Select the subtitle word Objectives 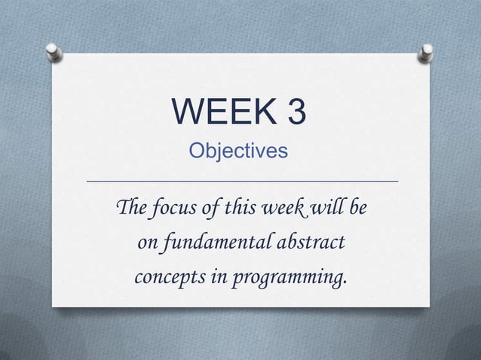(x=238, y=151)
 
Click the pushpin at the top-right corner (x=427, y=51)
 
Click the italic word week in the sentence (x=281, y=208)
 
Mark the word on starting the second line (x=146, y=244)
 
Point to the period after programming (x=345, y=284)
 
